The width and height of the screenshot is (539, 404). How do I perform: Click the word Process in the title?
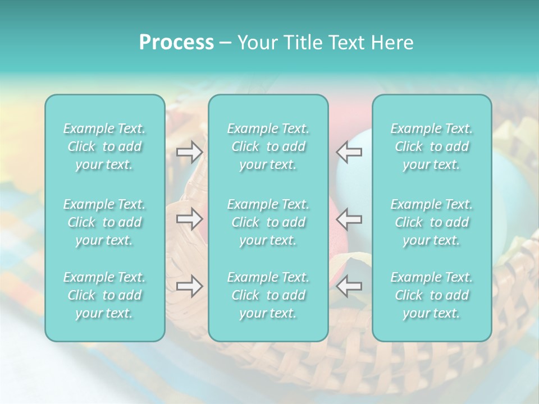(x=176, y=43)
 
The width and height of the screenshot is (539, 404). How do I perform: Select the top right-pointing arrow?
(x=189, y=152)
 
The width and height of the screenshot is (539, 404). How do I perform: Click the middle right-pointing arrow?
(x=189, y=219)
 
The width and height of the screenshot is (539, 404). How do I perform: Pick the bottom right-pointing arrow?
(x=189, y=286)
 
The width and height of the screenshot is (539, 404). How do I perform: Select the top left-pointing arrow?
(x=349, y=152)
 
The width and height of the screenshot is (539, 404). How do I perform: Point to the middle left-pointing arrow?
(x=349, y=219)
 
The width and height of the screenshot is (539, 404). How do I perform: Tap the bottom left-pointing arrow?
(x=349, y=286)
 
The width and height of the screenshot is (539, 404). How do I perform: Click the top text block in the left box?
(x=104, y=146)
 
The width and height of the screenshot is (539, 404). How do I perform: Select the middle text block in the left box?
(x=104, y=222)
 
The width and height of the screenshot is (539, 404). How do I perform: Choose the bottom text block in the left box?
(x=104, y=295)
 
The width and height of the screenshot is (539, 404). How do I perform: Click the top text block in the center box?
(x=268, y=146)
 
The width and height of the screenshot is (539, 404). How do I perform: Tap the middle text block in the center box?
(x=268, y=222)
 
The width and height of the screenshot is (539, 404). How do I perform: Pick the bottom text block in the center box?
(x=268, y=295)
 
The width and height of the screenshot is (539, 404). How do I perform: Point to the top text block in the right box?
(x=431, y=146)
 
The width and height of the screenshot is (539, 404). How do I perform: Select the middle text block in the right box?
(x=431, y=222)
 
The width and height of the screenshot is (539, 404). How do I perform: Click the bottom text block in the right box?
(x=431, y=295)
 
